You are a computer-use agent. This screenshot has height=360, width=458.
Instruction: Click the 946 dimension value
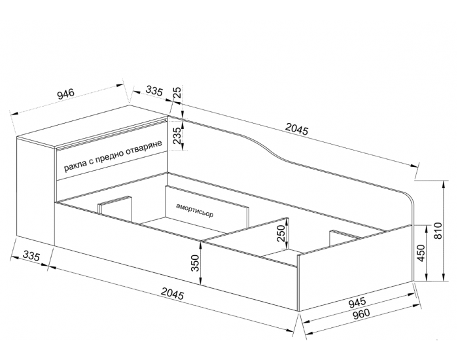click(x=66, y=94)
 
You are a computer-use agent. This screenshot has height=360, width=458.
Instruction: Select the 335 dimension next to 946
click(x=154, y=90)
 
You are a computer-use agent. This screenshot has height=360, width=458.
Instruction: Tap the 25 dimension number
click(x=177, y=92)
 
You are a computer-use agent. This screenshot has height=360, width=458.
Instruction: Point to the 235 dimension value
click(x=177, y=135)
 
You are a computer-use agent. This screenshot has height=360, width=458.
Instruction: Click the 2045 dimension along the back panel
click(x=297, y=129)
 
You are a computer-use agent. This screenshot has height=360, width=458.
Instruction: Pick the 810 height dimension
click(x=438, y=231)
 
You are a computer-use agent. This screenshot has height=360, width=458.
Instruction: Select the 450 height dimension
click(x=421, y=253)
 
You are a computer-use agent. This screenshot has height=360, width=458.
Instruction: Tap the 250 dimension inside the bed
click(x=281, y=233)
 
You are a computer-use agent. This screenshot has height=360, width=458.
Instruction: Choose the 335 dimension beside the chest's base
click(x=31, y=256)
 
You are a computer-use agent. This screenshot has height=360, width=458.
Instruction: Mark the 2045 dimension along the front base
click(x=173, y=294)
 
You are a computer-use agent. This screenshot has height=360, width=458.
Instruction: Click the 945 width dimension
click(x=357, y=302)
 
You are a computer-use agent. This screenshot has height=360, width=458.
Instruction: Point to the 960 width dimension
click(x=361, y=314)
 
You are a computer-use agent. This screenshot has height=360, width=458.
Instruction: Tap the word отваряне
click(x=144, y=149)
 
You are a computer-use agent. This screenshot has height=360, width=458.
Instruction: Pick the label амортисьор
click(x=195, y=210)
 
